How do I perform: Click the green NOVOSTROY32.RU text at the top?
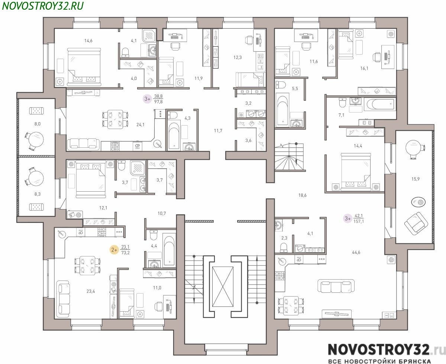pos(43,6)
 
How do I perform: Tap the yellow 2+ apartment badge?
pos(114,250)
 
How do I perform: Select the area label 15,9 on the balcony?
pos(415,179)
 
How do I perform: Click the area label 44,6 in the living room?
pos(356,252)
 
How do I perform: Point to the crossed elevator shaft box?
pos(223,286)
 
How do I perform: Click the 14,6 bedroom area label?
pos(88,40)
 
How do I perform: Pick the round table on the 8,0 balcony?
pos(36,139)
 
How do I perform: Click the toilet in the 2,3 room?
pos(283,247)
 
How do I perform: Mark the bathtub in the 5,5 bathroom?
pos(282,110)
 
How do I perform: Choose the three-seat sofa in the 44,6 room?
pos(336,286)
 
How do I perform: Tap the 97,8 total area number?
pos(158,102)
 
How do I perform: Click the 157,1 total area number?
pos(359,221)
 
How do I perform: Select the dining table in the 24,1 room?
pos(115,119)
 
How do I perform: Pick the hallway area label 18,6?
pos(303,195)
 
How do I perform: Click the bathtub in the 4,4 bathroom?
pos(169,251)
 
